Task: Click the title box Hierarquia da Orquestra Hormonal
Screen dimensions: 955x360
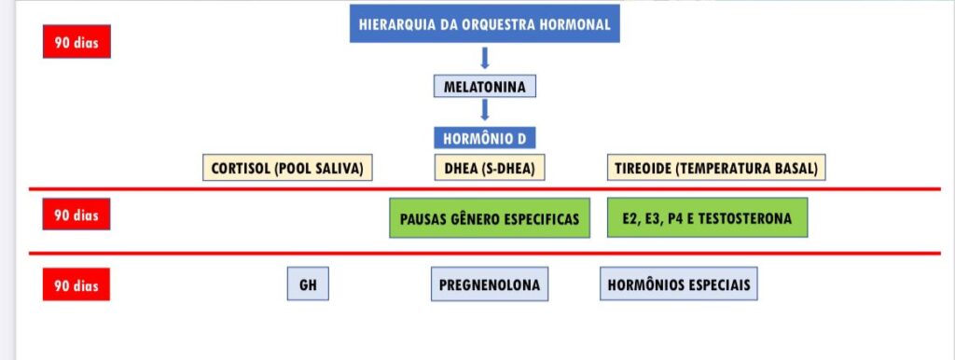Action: [x=485, y=24]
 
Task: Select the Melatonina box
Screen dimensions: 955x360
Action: [x=485, y=87]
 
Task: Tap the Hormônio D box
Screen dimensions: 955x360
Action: [x=485, y=138]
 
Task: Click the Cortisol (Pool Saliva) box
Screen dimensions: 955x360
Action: [x=287, y=168]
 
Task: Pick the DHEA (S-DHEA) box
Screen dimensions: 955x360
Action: [x=490, y=168]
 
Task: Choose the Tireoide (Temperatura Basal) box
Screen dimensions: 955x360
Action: [x=716, y=168]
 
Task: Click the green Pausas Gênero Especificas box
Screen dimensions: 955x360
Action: [x=490, y=218]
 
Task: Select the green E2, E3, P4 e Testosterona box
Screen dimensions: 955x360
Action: [x=707, y=217]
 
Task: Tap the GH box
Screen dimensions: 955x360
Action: [x=308, y=284]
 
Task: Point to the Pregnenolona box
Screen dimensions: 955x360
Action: [x=490, y=284]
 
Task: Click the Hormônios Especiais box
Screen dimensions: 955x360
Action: [x=679, y=284]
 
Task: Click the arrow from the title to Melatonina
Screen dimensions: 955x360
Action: [x=485, y=59]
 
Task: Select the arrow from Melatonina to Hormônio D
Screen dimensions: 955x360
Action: [x=485, y=111]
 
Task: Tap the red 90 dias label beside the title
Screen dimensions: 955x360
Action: [x=76, y=42]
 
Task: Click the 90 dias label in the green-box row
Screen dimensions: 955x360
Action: [x=76, y=215]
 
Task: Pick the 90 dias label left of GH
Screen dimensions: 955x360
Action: [x=76, y=284]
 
